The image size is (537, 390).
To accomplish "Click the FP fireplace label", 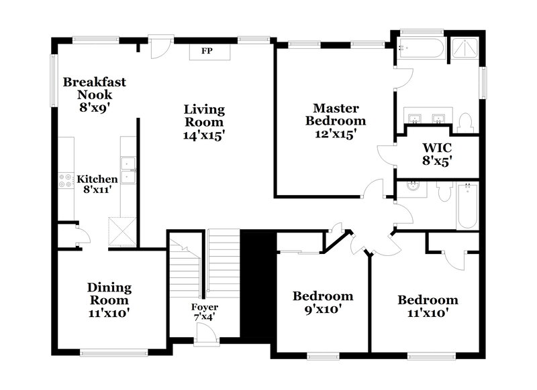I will [207, 51].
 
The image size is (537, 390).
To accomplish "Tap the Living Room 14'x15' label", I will [205, 121].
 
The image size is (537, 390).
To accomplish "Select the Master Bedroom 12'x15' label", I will [336, 121].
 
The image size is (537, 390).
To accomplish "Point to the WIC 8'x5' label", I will [437, 153].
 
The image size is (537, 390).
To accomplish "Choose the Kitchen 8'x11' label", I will [97, 184].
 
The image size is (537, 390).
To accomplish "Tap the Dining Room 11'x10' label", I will [109, 300].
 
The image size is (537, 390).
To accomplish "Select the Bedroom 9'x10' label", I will [323, 302].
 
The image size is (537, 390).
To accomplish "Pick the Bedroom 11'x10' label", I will [428, 306].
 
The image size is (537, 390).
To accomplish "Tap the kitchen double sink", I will [128, 170].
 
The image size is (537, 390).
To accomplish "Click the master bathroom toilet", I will [465, 121].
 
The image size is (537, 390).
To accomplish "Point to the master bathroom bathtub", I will [420, 48].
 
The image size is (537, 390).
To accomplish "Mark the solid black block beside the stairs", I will [258, 285].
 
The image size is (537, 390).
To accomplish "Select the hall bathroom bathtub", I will [467, 206].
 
